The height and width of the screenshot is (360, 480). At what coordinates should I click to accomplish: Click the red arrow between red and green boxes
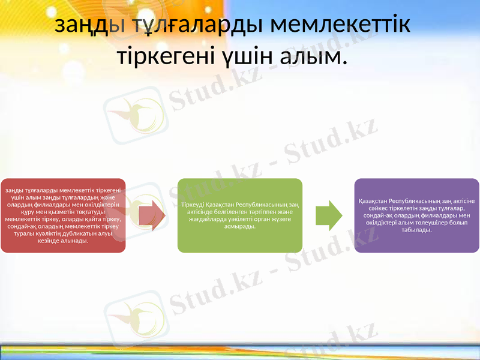tap(152, 215)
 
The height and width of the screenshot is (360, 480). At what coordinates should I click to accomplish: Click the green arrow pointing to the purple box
tap(328, 215)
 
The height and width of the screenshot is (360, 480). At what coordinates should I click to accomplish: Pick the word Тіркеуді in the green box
tap(193, 205)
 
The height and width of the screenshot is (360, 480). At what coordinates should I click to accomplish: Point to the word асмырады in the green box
tap(239, 226)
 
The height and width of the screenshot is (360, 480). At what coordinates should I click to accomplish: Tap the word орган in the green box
tap(254, 219)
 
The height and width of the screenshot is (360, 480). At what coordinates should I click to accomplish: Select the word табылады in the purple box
tap(416, 230)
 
